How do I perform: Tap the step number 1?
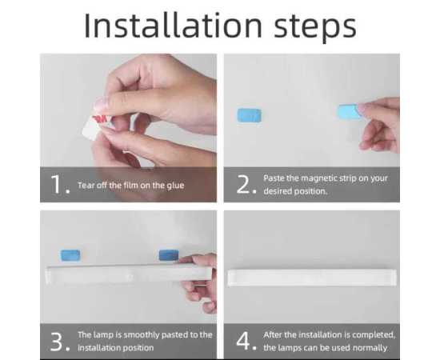[61, 185]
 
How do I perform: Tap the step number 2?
[246, 185]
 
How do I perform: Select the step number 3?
[61, 341]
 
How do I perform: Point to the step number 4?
[246, 341]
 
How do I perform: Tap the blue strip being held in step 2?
[349, 112]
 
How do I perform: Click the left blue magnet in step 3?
[70, 255]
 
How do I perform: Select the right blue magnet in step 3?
[168, 254]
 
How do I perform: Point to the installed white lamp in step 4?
[313, 278]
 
